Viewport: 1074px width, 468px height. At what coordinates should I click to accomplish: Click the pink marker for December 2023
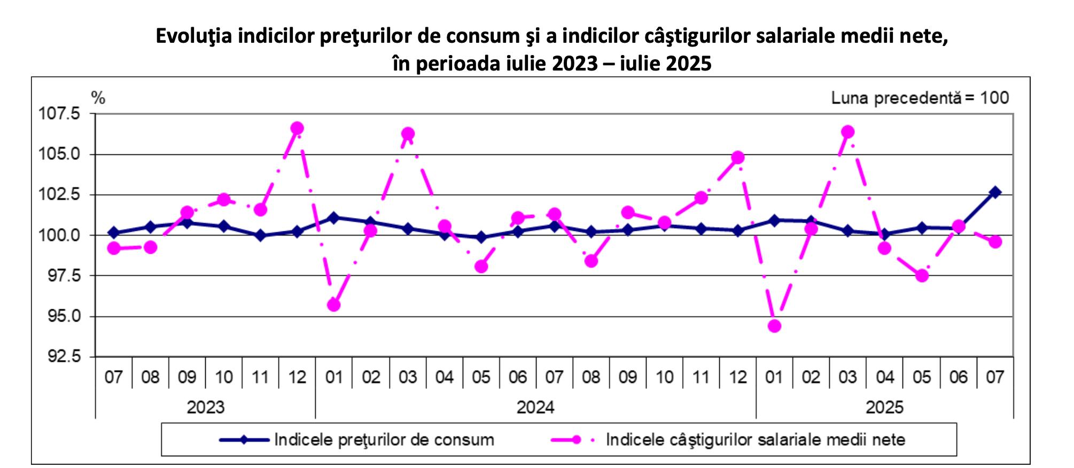tap(297, 128)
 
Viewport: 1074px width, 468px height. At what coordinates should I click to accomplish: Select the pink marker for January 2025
tap(774, 326)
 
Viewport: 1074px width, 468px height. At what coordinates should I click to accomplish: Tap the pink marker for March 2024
tap(408, 134)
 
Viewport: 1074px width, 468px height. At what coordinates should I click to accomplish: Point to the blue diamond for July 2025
tap(995, 192)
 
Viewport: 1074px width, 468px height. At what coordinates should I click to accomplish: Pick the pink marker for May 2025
tap(922, 276)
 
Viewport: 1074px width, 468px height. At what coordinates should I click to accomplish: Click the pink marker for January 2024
tap(334, 305)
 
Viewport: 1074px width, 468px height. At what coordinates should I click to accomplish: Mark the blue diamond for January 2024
tap(334, 217)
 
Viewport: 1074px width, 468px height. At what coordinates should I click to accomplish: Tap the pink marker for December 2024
tap(738, 158)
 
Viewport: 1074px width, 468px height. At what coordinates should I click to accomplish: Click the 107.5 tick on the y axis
tap(58, 114)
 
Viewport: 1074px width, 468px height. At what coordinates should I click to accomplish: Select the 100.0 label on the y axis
tap(58, 235)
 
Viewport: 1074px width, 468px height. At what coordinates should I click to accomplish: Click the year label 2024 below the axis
tap(535, 408)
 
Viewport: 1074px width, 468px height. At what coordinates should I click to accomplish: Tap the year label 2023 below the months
tap(206, 408)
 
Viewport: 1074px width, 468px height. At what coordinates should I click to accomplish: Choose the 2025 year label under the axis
tap(884, 408)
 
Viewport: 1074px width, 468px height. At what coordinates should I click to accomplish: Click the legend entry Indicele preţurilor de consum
tap(384, 440)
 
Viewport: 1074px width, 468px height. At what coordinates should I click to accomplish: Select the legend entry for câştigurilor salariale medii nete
tap(755, 440)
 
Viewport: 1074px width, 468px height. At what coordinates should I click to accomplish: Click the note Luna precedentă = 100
tap(920, 98)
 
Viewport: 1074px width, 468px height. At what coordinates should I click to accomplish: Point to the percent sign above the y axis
tap(98, 98)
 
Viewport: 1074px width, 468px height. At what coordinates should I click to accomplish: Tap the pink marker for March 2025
tap(847, 132)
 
